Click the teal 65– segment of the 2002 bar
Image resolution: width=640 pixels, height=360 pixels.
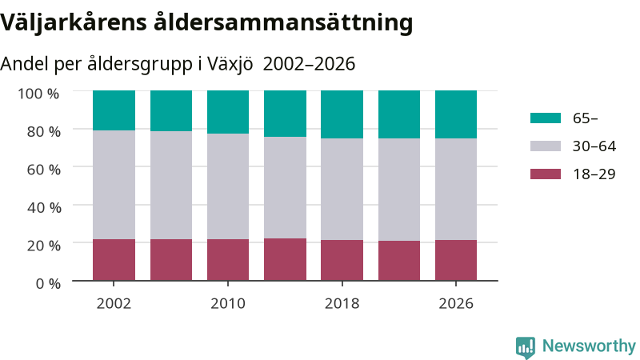point(114,110)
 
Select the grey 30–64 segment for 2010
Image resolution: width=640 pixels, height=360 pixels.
point(228,186)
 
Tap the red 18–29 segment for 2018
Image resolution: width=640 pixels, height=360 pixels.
point(342,260)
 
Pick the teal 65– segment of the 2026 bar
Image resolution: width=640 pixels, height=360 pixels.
point(456,114)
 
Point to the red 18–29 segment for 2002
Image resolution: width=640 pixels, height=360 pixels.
point(114,259)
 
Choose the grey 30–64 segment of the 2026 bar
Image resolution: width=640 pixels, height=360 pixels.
point(456,189)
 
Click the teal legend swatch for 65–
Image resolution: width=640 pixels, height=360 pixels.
point(546,118)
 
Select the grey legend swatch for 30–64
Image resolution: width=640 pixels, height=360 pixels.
point(546,146)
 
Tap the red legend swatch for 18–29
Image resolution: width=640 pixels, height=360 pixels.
point(546,174)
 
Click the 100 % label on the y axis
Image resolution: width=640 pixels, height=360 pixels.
point(38,94)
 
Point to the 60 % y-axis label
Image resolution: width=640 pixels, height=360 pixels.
point(44,170)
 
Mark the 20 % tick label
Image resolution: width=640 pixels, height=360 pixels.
point(44,246)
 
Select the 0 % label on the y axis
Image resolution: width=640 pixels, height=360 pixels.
point(48,283)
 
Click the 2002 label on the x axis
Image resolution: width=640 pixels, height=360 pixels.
point(114,303)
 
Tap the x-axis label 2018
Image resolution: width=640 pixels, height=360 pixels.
point(342,303)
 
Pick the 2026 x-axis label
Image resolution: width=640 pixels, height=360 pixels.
point(456,303)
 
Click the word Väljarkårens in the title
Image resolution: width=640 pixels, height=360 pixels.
point(74,22)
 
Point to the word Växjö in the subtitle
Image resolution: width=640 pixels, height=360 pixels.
point(230,64)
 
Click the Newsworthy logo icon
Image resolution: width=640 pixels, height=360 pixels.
point(526,347)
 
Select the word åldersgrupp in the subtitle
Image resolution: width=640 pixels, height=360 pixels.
point(139,64)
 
